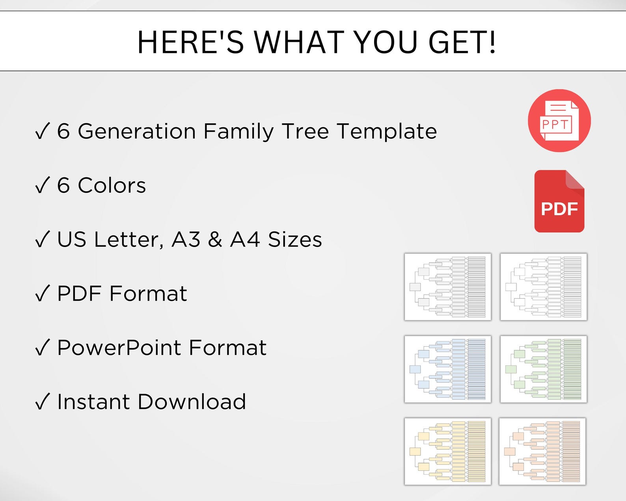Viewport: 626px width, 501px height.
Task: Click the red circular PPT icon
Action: (x=559, y=121)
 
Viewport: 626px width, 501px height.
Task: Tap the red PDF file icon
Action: (x=559, y=201)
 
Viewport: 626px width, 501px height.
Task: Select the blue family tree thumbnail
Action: (x=448, y=369)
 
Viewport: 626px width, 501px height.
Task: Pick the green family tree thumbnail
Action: (x=543, y=369)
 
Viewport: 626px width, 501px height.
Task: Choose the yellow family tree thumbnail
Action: (x=448, y=451)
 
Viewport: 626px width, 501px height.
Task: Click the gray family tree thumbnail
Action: (x=448, y=287)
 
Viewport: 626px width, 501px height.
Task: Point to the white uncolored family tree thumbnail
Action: (x=543, y=287)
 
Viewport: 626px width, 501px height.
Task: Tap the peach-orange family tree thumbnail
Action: (x=542, y=451)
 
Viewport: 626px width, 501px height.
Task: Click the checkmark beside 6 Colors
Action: (x=42, y=185)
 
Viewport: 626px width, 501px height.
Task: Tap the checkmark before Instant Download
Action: (x=42, y=402)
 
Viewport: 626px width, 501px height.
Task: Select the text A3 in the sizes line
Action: (x=186, y=239)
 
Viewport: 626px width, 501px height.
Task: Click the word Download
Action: (x=192, y=402)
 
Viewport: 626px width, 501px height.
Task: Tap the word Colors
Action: (x=112, y=185)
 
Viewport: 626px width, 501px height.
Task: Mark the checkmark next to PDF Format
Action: (x=42, y=293)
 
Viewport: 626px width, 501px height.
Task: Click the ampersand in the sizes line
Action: (x=215, y=239)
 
